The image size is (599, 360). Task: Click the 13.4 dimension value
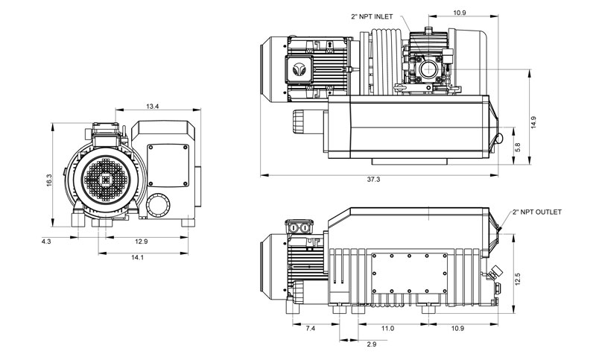tap(152, 107)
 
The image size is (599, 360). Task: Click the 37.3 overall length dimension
tap(374, 180)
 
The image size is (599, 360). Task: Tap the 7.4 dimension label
tap(311, 329)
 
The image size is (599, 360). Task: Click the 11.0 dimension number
tap(387, 329)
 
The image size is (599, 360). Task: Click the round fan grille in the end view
tap(105, 179)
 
